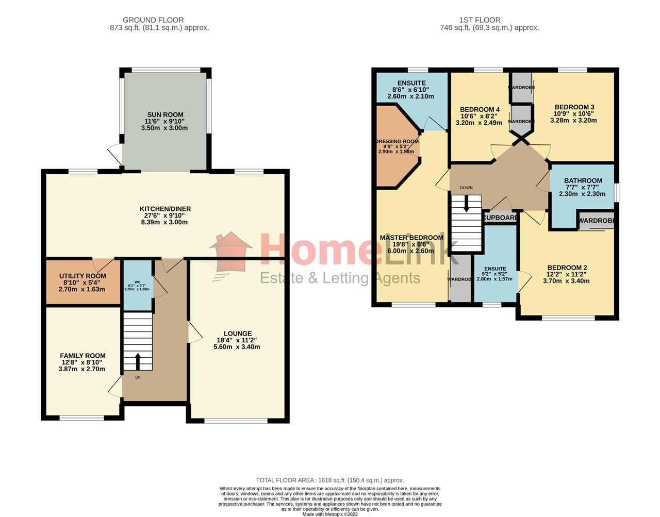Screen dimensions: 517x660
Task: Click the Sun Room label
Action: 165,115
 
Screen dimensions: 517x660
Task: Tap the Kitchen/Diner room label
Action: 165,209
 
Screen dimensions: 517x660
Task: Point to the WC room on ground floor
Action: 137,285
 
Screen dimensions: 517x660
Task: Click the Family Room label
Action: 82,356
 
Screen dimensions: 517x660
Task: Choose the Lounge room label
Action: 237,333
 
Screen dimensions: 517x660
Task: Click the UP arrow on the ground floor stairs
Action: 138,361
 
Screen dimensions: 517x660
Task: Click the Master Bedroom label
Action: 411,238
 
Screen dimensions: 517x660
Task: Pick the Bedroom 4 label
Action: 480,110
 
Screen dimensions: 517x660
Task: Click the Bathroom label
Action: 583,181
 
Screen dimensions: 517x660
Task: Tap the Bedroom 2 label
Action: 567,268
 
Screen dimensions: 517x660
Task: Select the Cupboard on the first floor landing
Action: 500,218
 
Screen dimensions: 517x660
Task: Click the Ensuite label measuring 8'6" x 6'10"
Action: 411,84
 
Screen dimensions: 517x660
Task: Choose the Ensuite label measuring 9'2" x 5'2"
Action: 495,269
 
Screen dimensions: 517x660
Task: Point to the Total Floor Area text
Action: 330,480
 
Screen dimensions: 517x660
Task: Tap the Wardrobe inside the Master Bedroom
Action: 460,279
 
